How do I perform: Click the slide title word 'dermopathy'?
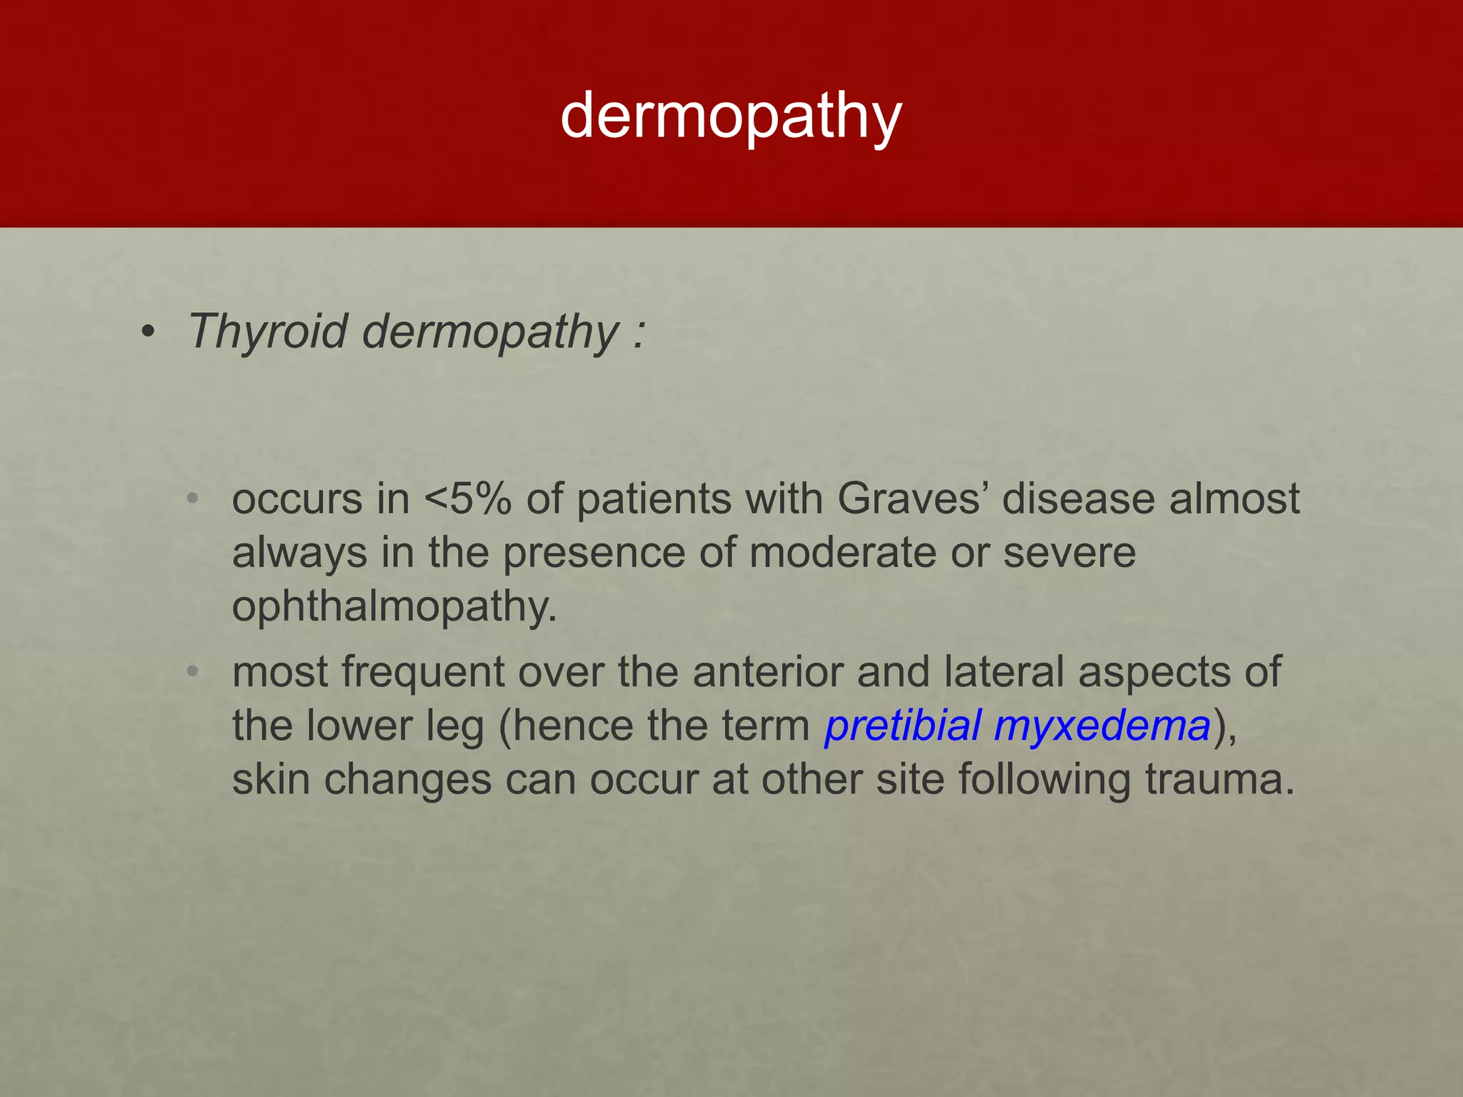click(x=731, y=116)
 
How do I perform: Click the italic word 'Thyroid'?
click(x=268, y=331)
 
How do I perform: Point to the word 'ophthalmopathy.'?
click(x=394, y=607)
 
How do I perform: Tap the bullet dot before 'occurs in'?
click(x=191, y=499)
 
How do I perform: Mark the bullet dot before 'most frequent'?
click(x=191, y=671)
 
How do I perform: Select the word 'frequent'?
click(x=423, y=673)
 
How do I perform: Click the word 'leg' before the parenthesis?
click(x=455, y=726)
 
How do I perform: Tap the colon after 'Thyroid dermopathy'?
click(x=638, y=333)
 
